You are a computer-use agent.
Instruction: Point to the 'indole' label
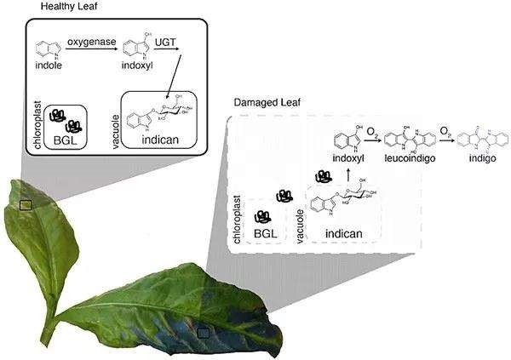tap(49, 65)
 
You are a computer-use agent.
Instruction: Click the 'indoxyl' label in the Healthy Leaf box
tap(137, 65)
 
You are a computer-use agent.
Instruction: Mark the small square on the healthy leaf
tap(26, 204)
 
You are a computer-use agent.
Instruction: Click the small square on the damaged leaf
tap(203, 334)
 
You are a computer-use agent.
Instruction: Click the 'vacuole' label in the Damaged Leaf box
tap(301, 220)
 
